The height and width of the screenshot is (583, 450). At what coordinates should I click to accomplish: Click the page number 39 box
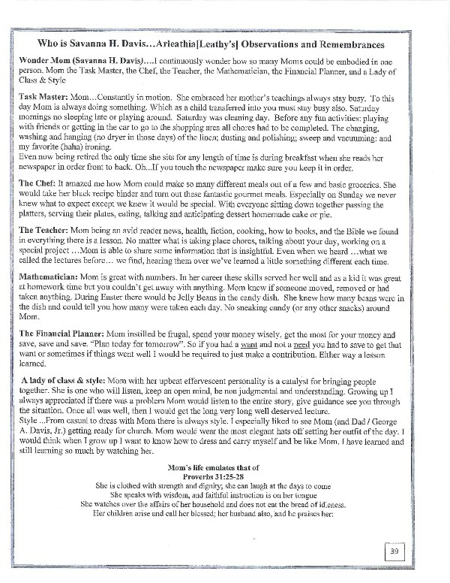point(396,552)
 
